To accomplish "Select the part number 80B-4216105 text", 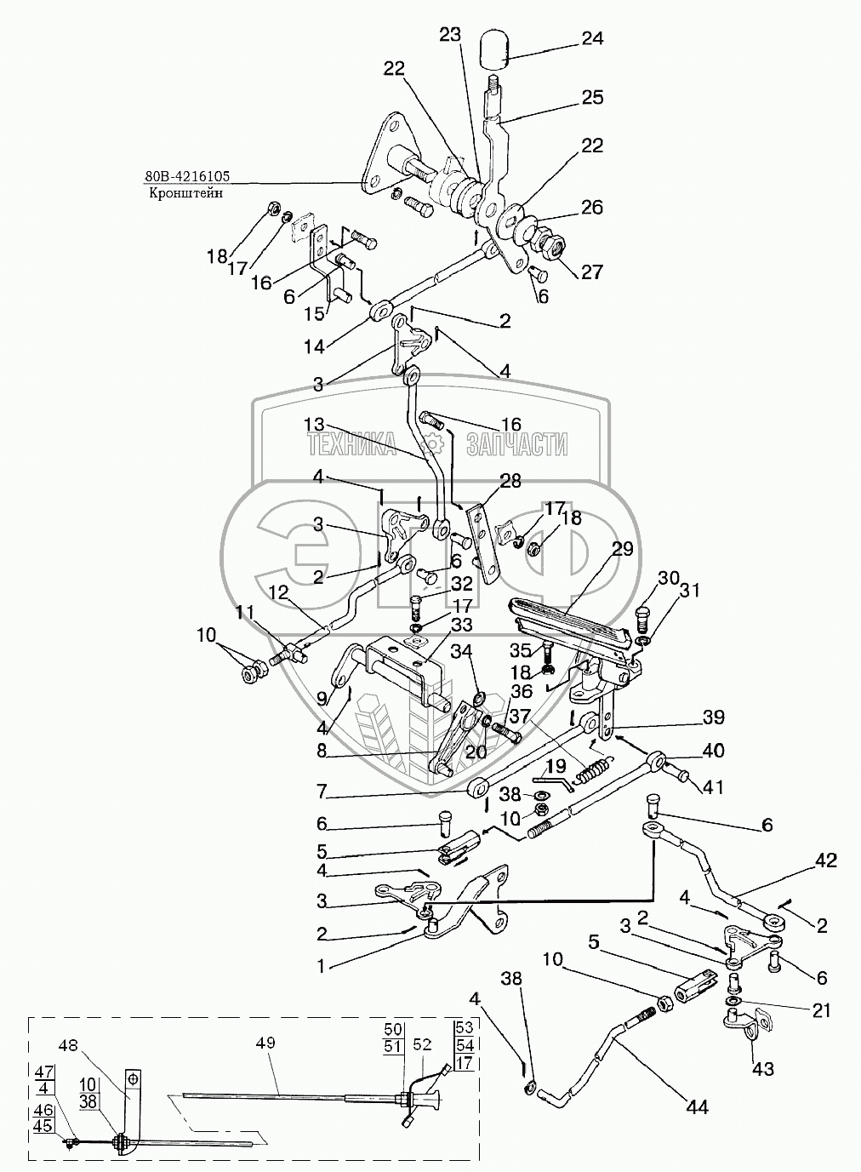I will tap(188, 178).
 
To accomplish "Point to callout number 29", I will tap(622, 549).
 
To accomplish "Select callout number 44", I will tap(698, 1107).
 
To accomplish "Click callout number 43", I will tap(763, 1069).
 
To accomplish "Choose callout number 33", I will tap(461, 625).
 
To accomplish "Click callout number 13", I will tap(314, 424).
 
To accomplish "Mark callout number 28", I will tap(510, 483).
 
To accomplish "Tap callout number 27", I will tap(591, 272).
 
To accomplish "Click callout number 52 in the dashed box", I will tap(422, 1044).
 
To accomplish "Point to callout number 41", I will tap(714, 788).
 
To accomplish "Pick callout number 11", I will tap(245, 612).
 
